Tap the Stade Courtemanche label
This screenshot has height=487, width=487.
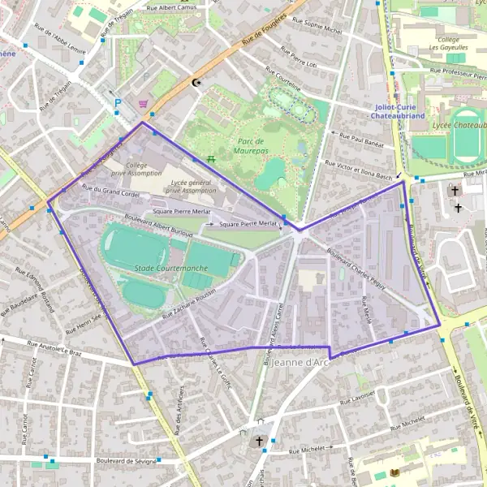(170, 269)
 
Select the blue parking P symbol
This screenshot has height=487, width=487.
(118, 103)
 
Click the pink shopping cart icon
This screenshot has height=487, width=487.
(144, 103)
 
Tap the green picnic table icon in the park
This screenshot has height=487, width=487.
(210, 159)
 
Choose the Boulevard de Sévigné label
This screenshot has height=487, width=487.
(126, 460)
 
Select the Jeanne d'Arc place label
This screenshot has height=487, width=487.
(303, 361)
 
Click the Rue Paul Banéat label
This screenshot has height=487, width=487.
(360, 141)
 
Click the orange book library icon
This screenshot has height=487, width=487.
(395, 473)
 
